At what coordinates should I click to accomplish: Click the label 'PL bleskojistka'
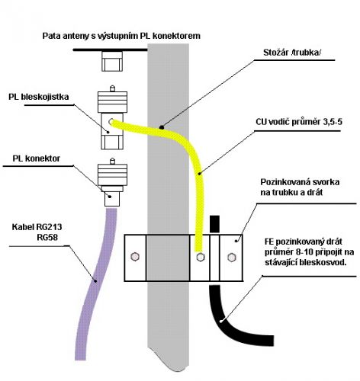click(x=39, y=97)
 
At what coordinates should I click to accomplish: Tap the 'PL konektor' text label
click(x=37, y=158)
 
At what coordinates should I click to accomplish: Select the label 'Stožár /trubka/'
click(x=292, y=53)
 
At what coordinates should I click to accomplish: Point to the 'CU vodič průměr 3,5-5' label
click(x=299, y=122)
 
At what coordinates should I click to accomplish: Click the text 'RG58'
click(x=47, y=237)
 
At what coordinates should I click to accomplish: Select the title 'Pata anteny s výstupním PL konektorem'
click(x=121, y=36)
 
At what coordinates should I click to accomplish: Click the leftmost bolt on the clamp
click(x=135, y=257)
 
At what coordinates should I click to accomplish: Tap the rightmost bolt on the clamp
click(x=231, y=258)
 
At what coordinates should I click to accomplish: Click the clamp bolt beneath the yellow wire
click(x=201, y=257)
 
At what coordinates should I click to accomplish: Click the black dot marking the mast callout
click(x=161, y=127)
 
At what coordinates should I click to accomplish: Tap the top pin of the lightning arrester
click(x=112, y=88)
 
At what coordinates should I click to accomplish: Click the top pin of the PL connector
click(x=112, y=162)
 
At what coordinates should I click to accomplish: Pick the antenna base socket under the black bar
click(x=112, y=61)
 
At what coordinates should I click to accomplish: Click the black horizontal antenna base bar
click(x=111, y=50)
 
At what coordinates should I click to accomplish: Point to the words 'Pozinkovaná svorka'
click(x=300, y=182)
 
